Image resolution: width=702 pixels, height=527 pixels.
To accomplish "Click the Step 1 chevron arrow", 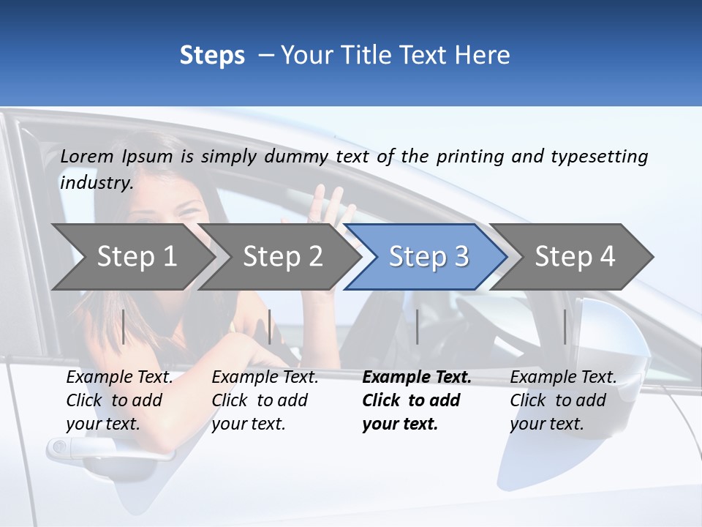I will click(x=136, y=257).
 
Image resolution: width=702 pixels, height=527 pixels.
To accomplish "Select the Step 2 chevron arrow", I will click(x=282, y=257).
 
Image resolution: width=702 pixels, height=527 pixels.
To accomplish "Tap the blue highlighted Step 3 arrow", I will click(x=428, y=257).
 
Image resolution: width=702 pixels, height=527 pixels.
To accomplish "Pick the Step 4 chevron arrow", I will click(x=574, y=257).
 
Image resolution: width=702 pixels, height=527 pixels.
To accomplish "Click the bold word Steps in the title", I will click(x=212, y=56).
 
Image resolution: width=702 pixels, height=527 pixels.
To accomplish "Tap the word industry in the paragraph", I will click(x=95, y=182).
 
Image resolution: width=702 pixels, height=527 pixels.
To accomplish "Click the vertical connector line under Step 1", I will click(x=124, y=326).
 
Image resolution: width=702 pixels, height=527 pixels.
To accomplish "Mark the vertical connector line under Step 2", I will click(x=270, y=326).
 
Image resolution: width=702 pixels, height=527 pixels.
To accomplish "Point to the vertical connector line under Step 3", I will click(x=417, y=326).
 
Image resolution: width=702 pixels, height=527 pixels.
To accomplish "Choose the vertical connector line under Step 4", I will click(x=565, y=326).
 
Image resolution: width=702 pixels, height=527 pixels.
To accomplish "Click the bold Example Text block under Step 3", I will click(x=416, y=400).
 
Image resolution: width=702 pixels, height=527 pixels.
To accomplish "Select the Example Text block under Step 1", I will click(x=119, y=400).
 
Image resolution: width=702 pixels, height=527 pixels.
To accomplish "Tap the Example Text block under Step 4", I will click(x=563, y=400).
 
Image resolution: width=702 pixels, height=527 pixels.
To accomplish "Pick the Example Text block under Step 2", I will click(x=265, y=400).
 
